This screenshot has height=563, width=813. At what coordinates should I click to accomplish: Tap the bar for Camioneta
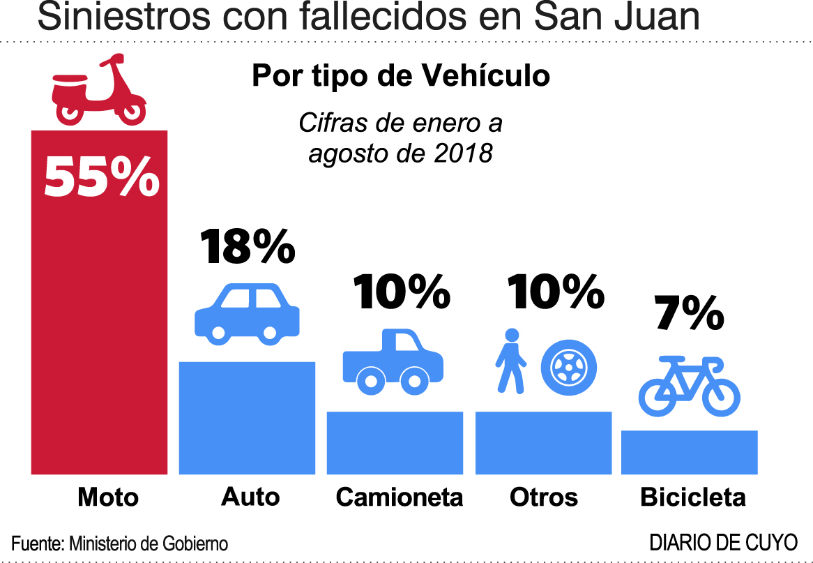pos(395,442)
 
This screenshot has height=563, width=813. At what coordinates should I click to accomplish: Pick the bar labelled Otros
pos(543,442)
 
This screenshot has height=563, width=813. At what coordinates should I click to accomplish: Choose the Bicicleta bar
pos(689,452)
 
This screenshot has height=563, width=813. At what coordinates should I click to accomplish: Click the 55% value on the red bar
pos(102,177)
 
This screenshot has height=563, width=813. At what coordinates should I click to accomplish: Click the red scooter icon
pos(98,93)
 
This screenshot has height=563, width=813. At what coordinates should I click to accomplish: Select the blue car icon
pos(247,313)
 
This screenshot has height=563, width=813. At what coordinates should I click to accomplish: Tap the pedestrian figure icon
pos(511,360)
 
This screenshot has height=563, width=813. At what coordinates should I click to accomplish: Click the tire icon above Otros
pos(570,366)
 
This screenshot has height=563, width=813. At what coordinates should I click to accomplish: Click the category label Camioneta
pos(399,497)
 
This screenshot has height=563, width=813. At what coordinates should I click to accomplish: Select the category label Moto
pos(108,497)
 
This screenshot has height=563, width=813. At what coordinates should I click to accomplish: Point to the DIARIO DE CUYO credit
pos(723,541)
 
